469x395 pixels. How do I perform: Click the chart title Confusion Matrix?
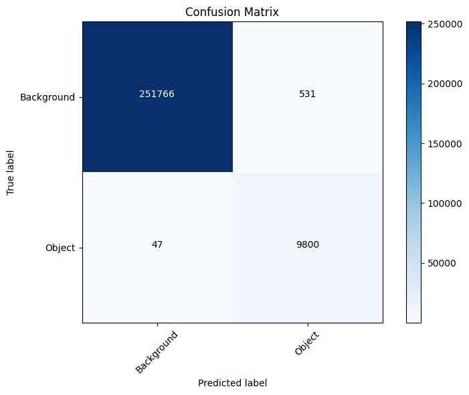point(232,12)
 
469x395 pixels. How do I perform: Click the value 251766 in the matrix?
point(157,94)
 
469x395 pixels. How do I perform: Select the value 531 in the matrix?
point(308,94)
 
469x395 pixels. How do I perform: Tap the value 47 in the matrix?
point(157,244)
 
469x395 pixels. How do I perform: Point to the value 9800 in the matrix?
point(308,244)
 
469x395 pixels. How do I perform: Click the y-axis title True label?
point(11,172)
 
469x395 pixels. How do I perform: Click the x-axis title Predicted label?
point(232,384)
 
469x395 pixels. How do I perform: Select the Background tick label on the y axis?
point(47,97)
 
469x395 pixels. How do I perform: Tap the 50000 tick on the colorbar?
point(443,263)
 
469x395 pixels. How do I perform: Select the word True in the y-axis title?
point(11,186)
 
